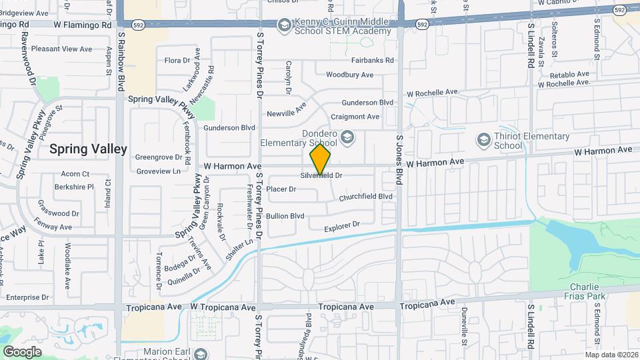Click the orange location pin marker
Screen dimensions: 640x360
[320, 159]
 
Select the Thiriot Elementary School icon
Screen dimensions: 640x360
[484, 139]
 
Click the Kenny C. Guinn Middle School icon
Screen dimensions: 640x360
[284, 26]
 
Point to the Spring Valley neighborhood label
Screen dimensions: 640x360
[88, 149]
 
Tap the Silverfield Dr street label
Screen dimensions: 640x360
[321, 175]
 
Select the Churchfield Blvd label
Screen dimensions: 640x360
[365, 197]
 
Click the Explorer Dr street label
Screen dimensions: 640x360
[342, 227]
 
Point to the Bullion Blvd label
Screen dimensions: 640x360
[285, 216]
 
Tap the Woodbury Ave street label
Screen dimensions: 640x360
[349, 75]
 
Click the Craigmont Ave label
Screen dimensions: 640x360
[355, 117]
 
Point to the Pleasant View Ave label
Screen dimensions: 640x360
[61, 49]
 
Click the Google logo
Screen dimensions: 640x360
[22, 351]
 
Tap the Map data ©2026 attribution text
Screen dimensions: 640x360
[611, 355]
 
